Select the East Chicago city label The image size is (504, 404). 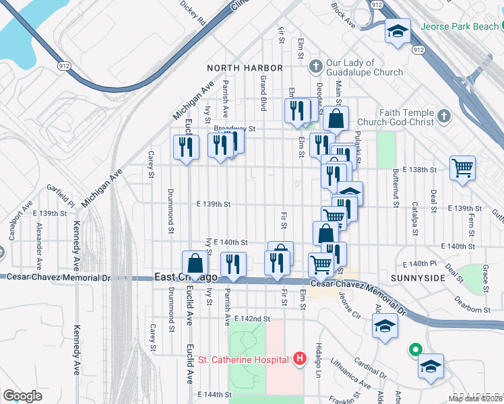pos(186,277)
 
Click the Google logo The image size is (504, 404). pos(22,396)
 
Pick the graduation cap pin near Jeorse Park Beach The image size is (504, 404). pos(398,32)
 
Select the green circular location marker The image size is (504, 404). pos(416,350)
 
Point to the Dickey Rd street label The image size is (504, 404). pos(192,13)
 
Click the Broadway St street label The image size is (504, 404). pos(234,128)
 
